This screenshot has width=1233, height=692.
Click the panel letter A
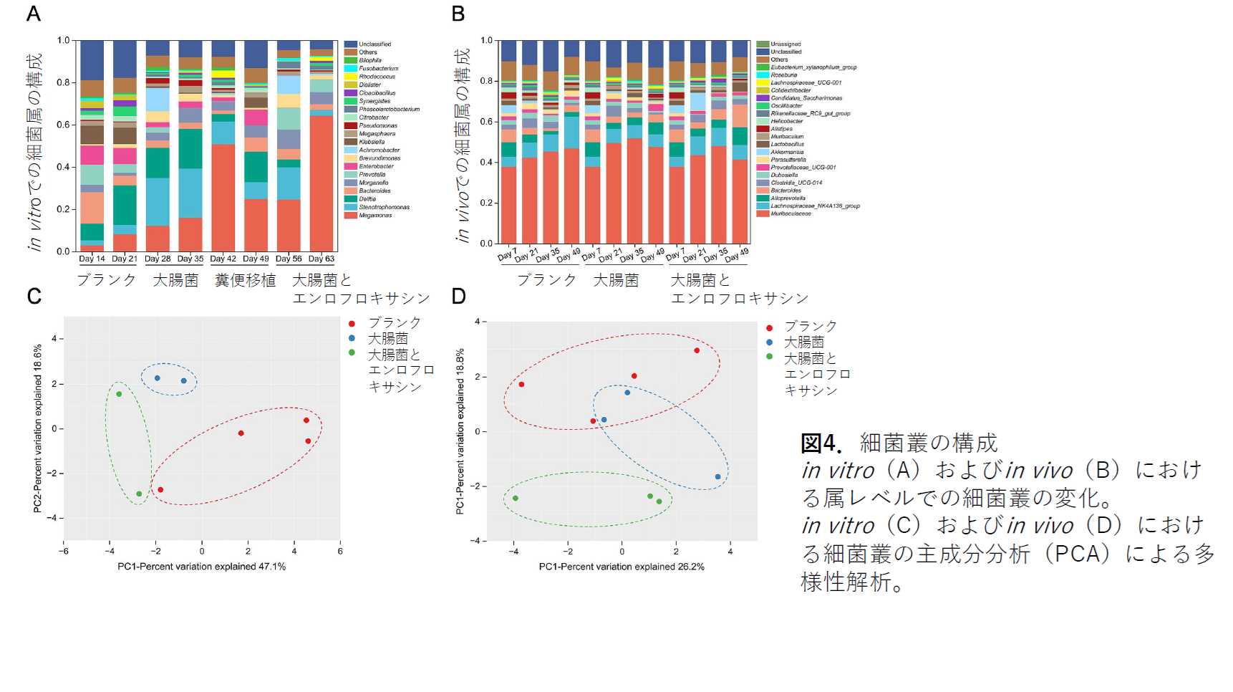click(x=34, y=14)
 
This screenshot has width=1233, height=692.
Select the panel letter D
click(x=458, y=296)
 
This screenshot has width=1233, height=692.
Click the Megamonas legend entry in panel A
click(x=375, y=215)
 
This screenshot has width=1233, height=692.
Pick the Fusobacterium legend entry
click(x=378, y=69)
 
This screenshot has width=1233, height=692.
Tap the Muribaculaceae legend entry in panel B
click(x=790, y=213)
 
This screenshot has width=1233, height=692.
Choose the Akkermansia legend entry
click(x=787, y=152)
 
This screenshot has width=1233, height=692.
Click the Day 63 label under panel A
click(x=321, y=259)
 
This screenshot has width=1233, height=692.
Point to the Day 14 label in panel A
click(x=92, y=259)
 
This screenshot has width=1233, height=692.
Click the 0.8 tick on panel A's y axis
click(x=64, y=82)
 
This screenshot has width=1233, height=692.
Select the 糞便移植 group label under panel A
click(x=245, y=280)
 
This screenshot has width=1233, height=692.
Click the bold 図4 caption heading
click(x=821, y=443)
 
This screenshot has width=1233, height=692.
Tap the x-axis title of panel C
click(x=201, y=567)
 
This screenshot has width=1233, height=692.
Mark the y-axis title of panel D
click(x=460, y=431)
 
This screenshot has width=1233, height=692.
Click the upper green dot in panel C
click(x=119, y=394)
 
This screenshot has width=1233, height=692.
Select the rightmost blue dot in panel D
click(x=717, y=476)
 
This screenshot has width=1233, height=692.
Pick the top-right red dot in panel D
click(x=697, y=350)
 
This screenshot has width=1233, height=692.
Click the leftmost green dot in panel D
click(x=516, y=498)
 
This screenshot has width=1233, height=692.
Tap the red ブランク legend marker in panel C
click(x=352, y=324)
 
